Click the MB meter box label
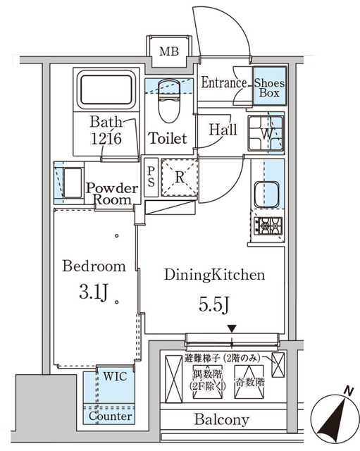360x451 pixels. [168, 51]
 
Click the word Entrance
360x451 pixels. [223, 83]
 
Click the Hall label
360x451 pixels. [223, 130]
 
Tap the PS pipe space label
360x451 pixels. [151, 175]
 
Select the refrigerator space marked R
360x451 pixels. [180, 177]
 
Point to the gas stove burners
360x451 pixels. [268, 226]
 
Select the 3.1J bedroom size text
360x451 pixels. [89, 290]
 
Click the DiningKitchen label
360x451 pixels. [205, 275]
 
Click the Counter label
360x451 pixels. [111, 416]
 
